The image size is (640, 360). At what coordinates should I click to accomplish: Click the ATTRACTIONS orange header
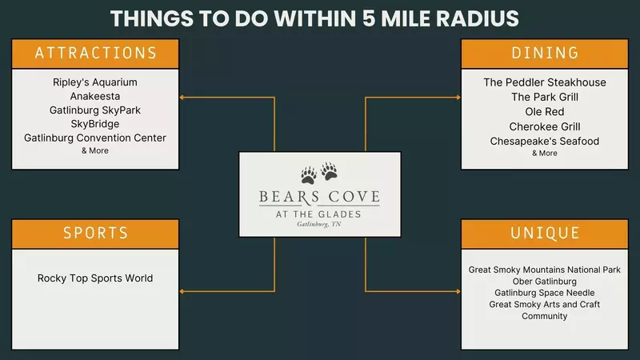tap(95, 54)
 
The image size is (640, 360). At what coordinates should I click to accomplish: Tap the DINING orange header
tap(545, 54)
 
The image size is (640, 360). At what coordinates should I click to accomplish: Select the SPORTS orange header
tap(95, 234)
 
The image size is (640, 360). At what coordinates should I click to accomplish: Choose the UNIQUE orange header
tap(545, 234)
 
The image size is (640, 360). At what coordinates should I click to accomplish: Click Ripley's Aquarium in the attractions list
tap(95, 82)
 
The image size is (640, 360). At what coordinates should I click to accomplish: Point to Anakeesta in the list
tap(95, 96)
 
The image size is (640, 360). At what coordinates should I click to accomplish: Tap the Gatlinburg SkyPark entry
tap(95, 110)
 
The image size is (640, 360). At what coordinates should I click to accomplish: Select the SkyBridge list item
tap(95, 124)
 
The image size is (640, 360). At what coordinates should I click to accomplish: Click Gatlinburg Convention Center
tap(95, 138)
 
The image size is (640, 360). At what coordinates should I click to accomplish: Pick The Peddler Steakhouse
tap(545, 82)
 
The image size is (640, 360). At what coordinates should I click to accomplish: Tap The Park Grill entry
tap(545, 97)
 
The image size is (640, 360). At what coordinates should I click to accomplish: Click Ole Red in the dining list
tap(545, 111)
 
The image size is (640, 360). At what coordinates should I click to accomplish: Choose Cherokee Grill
tap(545, 126)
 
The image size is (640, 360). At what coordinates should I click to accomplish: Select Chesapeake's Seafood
tap(545, 141)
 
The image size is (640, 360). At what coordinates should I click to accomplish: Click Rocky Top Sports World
tap(95, 278)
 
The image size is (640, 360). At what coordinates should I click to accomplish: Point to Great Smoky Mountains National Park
tap(545, 270)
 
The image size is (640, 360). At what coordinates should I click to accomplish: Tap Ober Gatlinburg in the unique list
tap(545, 282)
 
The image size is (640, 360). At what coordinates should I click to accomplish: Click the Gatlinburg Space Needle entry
tap(545, 293)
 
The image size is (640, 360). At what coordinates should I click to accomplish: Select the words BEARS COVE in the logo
tap(319, 197)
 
